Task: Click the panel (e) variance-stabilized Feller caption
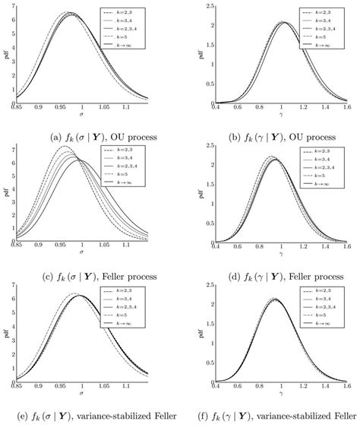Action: (x=90, y=417)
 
